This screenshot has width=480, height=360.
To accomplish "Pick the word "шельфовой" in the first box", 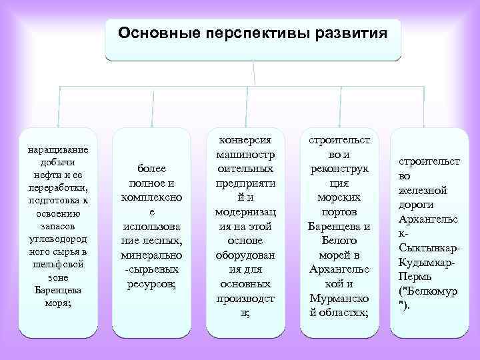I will pos(59,264).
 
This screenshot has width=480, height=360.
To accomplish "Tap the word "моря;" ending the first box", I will pos(59,302).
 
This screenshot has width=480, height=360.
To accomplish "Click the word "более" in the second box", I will pos(152,169).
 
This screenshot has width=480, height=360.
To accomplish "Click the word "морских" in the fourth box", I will pos(339,198).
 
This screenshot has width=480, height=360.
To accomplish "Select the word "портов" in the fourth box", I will pos(339,212).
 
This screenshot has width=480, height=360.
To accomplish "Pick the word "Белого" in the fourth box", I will pos(339,241).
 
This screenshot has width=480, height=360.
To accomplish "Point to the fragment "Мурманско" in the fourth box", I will pos(339,298).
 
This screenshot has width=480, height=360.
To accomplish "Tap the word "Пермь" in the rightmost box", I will pos(418,277).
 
